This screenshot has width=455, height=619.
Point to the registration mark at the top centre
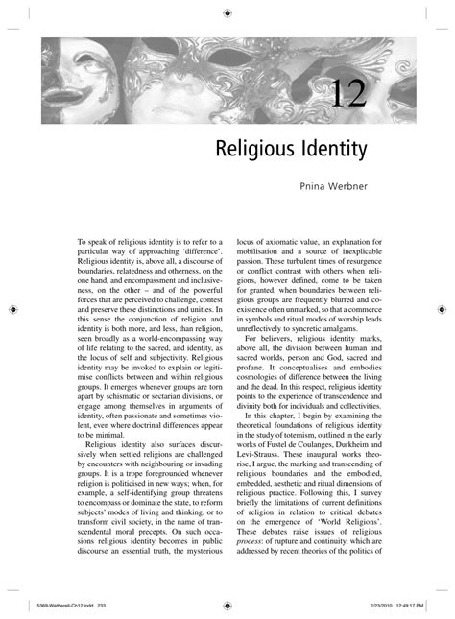pos(227,13)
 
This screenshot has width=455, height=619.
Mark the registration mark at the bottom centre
pos(227,606)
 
